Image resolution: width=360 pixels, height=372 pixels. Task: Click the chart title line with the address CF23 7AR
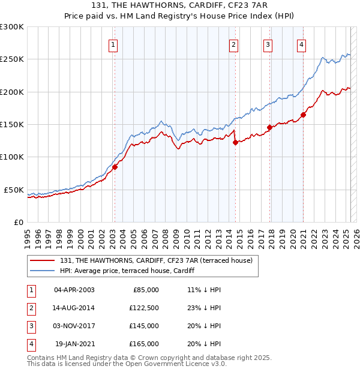tap(180, 5)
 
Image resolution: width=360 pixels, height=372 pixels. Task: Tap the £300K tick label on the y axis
tap(12, 27)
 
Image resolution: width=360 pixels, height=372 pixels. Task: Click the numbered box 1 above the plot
tap(113, 44)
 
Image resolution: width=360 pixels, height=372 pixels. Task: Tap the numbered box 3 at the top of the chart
tap(268, 44)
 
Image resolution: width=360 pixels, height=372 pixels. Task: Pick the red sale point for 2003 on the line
tap(115, 167)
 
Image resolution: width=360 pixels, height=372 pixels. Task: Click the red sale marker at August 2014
tap(235, 142)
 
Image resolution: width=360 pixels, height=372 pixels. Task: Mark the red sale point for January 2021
tap(304, 115)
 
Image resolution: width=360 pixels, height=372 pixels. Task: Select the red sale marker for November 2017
tap(270, 127)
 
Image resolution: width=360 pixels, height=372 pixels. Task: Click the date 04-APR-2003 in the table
tap(74, 290)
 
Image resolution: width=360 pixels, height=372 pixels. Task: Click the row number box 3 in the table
tap(30, 326)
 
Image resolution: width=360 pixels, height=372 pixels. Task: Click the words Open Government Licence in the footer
tap(172, 364)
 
